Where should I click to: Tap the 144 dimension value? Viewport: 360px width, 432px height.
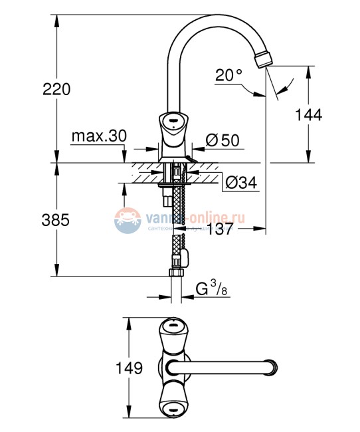pos(309,114)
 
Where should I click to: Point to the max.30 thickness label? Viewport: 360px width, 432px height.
pos(99,136)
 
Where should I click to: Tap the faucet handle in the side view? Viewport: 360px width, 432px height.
pos(173,126)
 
